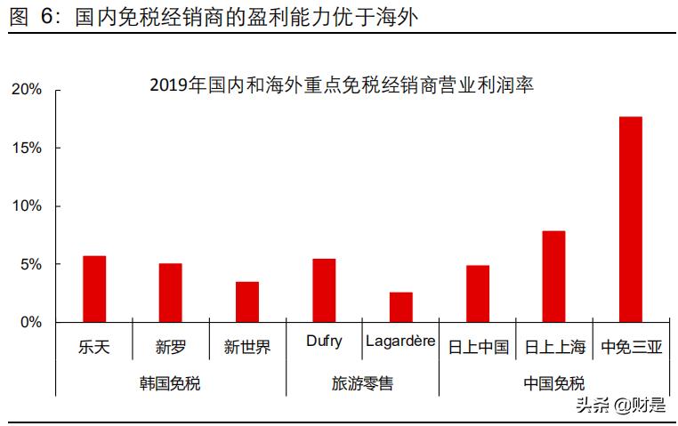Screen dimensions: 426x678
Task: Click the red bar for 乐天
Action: tap(94, 289)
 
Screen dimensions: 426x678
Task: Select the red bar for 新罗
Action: tap(171, 293)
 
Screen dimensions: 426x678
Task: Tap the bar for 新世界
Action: tap(247, 301)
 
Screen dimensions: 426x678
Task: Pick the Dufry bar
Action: tap(324, 290)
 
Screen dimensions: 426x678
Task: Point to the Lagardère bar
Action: tap(400, 307)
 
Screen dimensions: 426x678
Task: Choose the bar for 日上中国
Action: tap(478, 293)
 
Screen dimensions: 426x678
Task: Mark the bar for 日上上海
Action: tap(553, 277)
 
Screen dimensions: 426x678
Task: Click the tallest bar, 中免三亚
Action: tap(631, 219)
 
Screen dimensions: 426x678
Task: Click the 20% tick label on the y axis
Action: tap(27, 90)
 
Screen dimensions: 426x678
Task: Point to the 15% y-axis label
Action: tap(27, 148)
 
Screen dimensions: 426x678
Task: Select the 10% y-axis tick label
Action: tap(27, 206)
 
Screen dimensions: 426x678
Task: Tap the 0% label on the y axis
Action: tap(30, 322)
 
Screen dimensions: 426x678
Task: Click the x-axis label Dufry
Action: tap(324, 342)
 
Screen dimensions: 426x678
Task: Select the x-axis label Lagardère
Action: tap(400, 342)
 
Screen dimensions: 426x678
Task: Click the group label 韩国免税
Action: tap(170, 383)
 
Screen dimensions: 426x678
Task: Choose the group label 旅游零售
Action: tap(362, 383)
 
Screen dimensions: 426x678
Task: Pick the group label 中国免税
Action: tap(554, 383)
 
